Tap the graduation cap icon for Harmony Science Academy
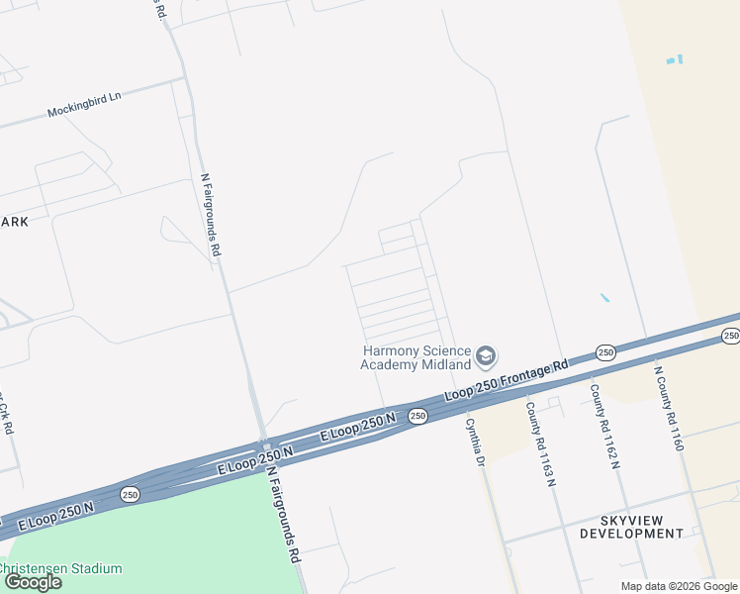486,355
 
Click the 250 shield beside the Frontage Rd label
605,352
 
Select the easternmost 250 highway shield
730,337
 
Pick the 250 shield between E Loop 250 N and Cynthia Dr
417,416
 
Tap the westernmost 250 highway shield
131,493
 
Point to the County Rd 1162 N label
605,426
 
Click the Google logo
33,582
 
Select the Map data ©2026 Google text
678,586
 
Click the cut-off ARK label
15,222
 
